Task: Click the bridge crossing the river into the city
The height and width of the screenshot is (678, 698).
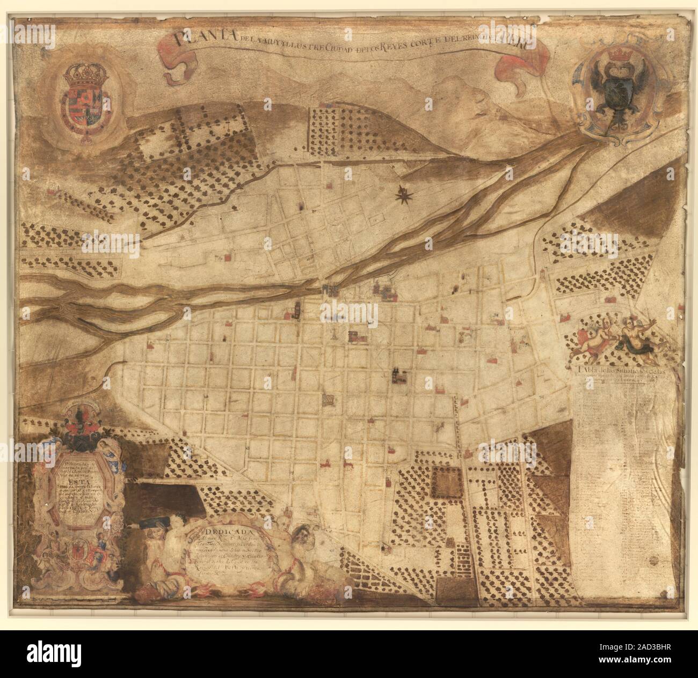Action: pyautogui.click(x=329, y=289)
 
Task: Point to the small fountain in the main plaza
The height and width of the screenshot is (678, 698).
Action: pyautogui.click(x=335, y=335)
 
